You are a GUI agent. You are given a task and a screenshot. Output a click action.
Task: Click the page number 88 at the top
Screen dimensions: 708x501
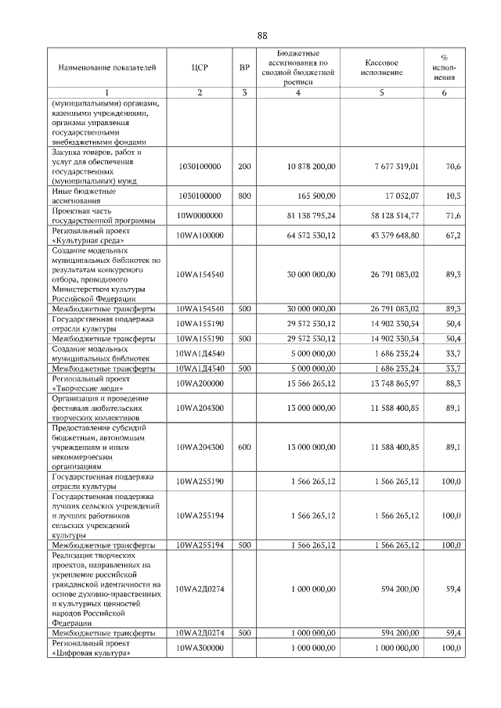pyautogui.click(x=261, y=36)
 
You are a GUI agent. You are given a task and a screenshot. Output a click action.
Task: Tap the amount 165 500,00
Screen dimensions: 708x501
pyautogui.click(x=317, y=196)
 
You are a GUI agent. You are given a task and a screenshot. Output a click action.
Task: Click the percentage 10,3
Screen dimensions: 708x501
pyautogui.click(x=452, y=196)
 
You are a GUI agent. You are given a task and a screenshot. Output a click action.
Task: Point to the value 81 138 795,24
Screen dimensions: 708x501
pyautogui.click(x=311, y=215)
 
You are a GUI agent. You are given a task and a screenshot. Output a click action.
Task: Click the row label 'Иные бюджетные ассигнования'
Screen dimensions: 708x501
pyautogui.click(x=84, y=196)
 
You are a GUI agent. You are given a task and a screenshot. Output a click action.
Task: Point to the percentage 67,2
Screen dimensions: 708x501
pyautogui.click(x=452, y=235)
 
